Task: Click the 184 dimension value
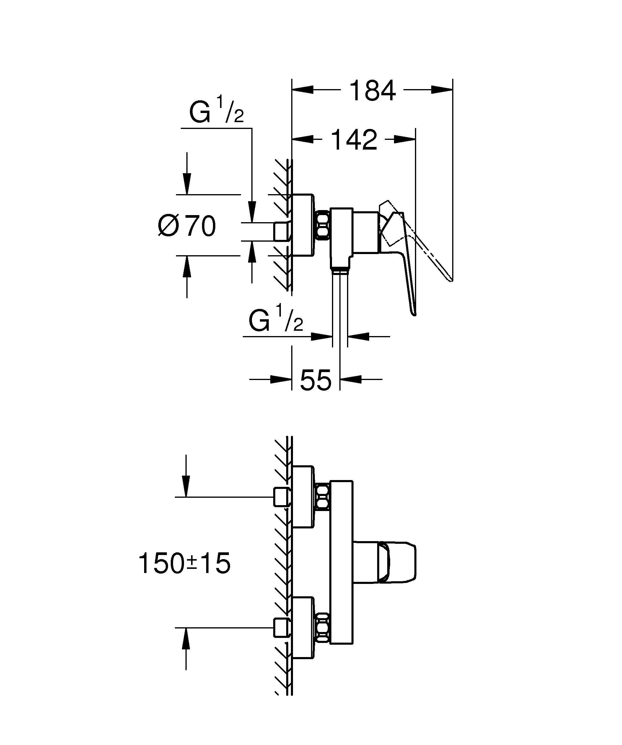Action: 372,91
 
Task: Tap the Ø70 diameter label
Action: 187,226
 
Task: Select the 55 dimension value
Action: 316,380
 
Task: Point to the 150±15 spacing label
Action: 184,563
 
